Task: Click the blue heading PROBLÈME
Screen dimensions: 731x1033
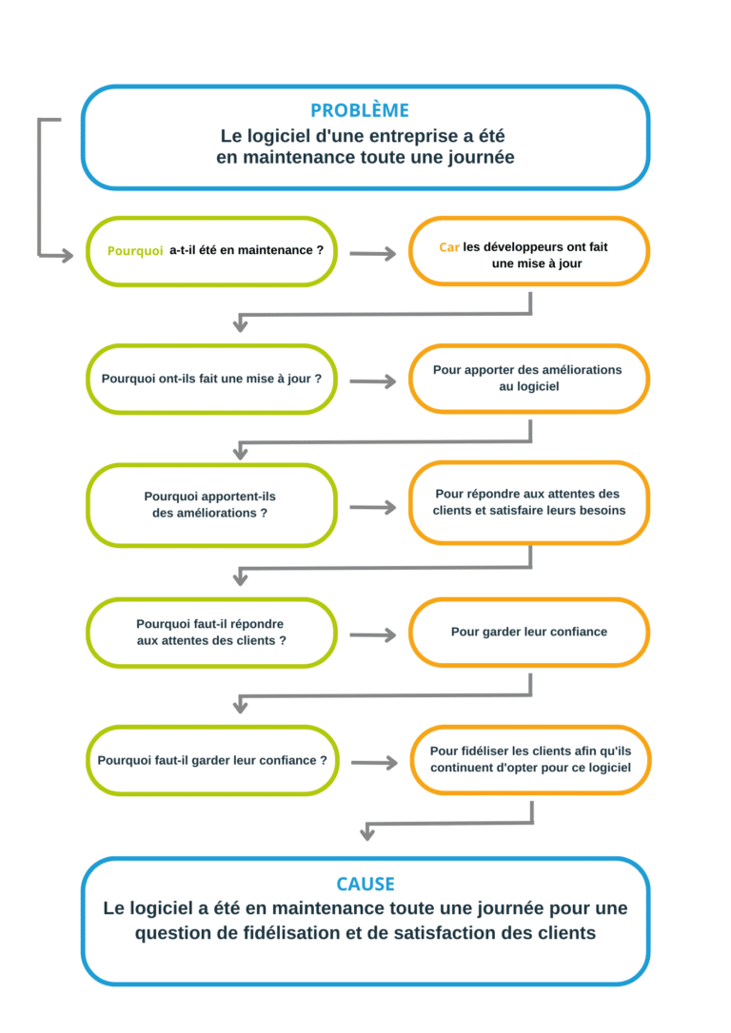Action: click(x=360, y=110)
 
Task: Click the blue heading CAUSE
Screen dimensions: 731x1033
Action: click(x=365, y=884)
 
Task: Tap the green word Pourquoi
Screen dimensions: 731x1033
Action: click(x=135, y=251)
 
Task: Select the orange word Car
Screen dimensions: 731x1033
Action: click(x=449, y=247)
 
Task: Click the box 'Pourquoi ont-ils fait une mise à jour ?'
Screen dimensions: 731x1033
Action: click(x=211, y=379)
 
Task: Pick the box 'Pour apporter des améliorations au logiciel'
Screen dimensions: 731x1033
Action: click(x=528, y=379)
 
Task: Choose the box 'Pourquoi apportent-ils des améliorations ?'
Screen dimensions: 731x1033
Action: click(x=211, y=505)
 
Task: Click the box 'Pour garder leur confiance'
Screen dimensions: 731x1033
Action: click(x=528, y=632)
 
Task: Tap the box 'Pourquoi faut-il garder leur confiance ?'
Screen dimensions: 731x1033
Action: click(x=212, y=760)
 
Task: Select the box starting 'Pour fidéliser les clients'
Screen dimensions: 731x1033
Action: click(x=530, y=760)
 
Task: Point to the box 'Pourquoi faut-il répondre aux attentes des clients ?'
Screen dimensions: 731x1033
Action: click(x=211, y=633)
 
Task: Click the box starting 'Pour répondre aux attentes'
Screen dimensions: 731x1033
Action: click(x=528, y=502)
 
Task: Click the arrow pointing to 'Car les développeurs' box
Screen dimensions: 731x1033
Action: click(x=373, y=254)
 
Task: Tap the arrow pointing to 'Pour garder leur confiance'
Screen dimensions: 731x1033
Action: click(x=373, y=635)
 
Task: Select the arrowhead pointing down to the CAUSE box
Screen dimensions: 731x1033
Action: click(x=367, y=834)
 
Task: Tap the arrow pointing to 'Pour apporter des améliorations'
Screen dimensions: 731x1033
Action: click(x=373, y=381)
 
